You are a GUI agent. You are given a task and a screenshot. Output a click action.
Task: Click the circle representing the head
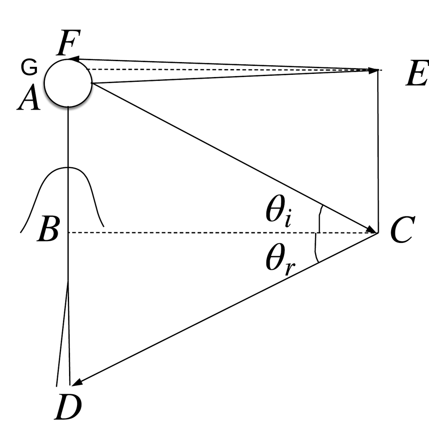coord(68,83)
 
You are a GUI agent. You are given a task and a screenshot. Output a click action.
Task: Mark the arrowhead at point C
coord(372,229)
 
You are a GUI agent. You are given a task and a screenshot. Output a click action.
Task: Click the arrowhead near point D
coord(77,381)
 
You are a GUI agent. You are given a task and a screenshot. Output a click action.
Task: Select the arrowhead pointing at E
coord(374,70)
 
